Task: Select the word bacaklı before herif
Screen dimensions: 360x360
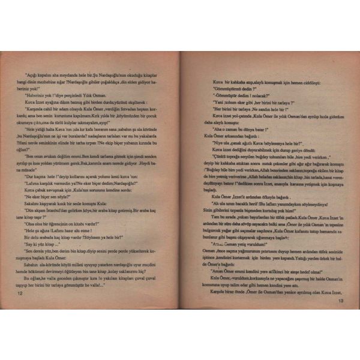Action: [239, 205]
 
